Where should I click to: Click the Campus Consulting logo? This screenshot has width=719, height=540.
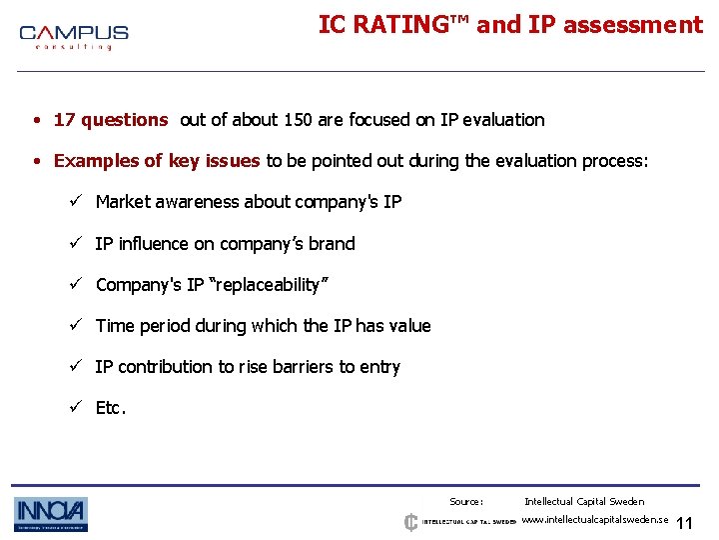[x=74, y=37]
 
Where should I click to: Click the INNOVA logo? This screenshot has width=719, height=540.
[x=51, y=514]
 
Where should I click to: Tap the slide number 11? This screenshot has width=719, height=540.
[x=684, y=524]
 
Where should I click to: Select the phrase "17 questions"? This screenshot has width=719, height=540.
[x=110, y=120]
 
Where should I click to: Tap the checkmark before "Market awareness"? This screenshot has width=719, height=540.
[x=74, y=202]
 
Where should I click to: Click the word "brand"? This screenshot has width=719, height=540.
[x=334, y=244]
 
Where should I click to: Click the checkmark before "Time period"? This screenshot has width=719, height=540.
[x=74, y=326]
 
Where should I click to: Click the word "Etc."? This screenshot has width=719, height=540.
[x=111, y=408]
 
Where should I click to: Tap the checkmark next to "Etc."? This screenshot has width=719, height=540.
[x=74, y=408]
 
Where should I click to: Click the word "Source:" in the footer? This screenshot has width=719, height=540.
[x=466, y=502]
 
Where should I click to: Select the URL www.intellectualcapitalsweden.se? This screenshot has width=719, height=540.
[x=595, y=521]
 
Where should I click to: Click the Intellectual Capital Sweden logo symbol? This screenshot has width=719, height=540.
[x=410, y=522]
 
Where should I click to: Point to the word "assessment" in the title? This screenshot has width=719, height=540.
[x=632, y=25]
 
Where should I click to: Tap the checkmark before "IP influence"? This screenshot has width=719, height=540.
[x=74, y=244]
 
